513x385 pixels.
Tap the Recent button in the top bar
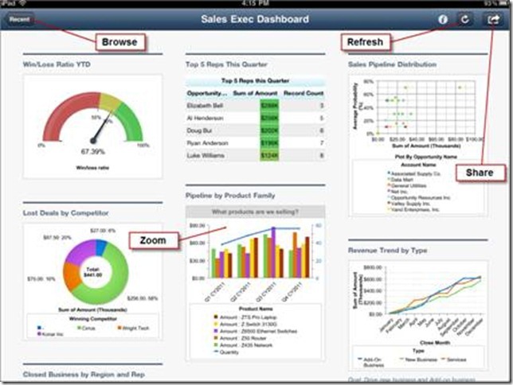pos(19,17)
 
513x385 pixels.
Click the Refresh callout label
pos(365,41)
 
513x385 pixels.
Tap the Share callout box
pos(480,173)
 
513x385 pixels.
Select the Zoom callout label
pos(154,239)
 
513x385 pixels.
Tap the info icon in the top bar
pos(443,18)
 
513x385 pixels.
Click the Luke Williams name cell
pos(204,155)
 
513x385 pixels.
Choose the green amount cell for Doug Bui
pos(269,130)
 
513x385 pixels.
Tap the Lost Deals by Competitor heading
pos(66,213)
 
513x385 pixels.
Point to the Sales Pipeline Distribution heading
pos(392,64)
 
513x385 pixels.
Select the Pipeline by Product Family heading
pos(231,194)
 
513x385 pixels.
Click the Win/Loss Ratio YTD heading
pos(57,64)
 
